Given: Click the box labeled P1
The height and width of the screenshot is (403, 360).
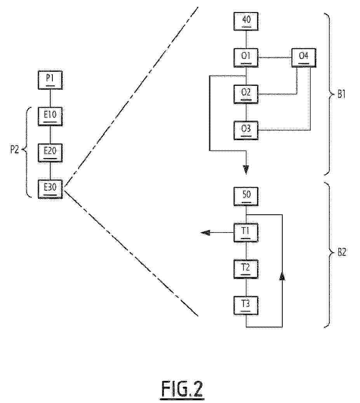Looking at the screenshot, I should click(x=50, y=80).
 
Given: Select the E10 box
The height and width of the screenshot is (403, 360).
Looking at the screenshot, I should click(x=50, y=116).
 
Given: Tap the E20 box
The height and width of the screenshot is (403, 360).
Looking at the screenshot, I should click(x=50, y=153).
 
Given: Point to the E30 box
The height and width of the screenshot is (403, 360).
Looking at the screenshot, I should click(x=50, y=189).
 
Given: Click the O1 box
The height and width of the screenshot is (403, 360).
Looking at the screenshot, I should click(x=246, y=57).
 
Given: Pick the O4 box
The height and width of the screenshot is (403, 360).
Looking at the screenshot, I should click(x=304, y=57).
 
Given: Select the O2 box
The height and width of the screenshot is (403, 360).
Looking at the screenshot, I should click(x=246, y=94).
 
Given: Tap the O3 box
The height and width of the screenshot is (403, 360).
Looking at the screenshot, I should click(x=246, y=130).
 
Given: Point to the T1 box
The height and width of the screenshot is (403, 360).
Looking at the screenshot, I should click(x=246, y=233).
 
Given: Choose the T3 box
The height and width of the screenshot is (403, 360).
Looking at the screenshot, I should click(x=246, y=305).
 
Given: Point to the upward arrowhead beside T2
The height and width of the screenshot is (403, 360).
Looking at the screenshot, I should click(x=282, y=275).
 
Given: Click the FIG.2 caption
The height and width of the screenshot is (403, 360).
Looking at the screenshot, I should click(x=182, y=389).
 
